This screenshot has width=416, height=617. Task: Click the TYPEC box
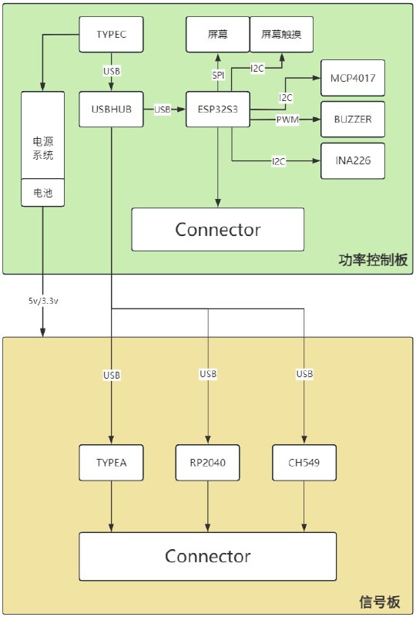click(x=112, y=35)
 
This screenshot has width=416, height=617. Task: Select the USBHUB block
click(x=112, y=110)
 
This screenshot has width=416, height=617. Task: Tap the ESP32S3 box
click(x=218, y=110)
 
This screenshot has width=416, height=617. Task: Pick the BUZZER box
click(x=352, y=120)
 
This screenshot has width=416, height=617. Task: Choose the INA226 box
click(x=352, y=161)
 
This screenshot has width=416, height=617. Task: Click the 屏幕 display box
click(x=218, y=35)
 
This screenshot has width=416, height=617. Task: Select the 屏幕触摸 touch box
click(x=282, y=35)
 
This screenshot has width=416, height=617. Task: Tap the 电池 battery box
click(x=42, y=194)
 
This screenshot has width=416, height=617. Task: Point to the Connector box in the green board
click(x=218, y=229)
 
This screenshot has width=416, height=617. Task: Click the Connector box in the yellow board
click(x=207, y=556)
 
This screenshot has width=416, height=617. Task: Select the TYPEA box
click(x=112, y=463)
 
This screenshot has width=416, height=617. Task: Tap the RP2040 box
click(x=207, y=463)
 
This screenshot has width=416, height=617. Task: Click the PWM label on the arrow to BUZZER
click(x=288, y=120)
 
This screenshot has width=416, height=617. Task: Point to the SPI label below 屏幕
click(x=218, y=75)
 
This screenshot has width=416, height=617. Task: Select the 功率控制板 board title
click(x=373, y=260)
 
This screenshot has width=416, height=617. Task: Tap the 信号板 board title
click(x=380, y=602)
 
